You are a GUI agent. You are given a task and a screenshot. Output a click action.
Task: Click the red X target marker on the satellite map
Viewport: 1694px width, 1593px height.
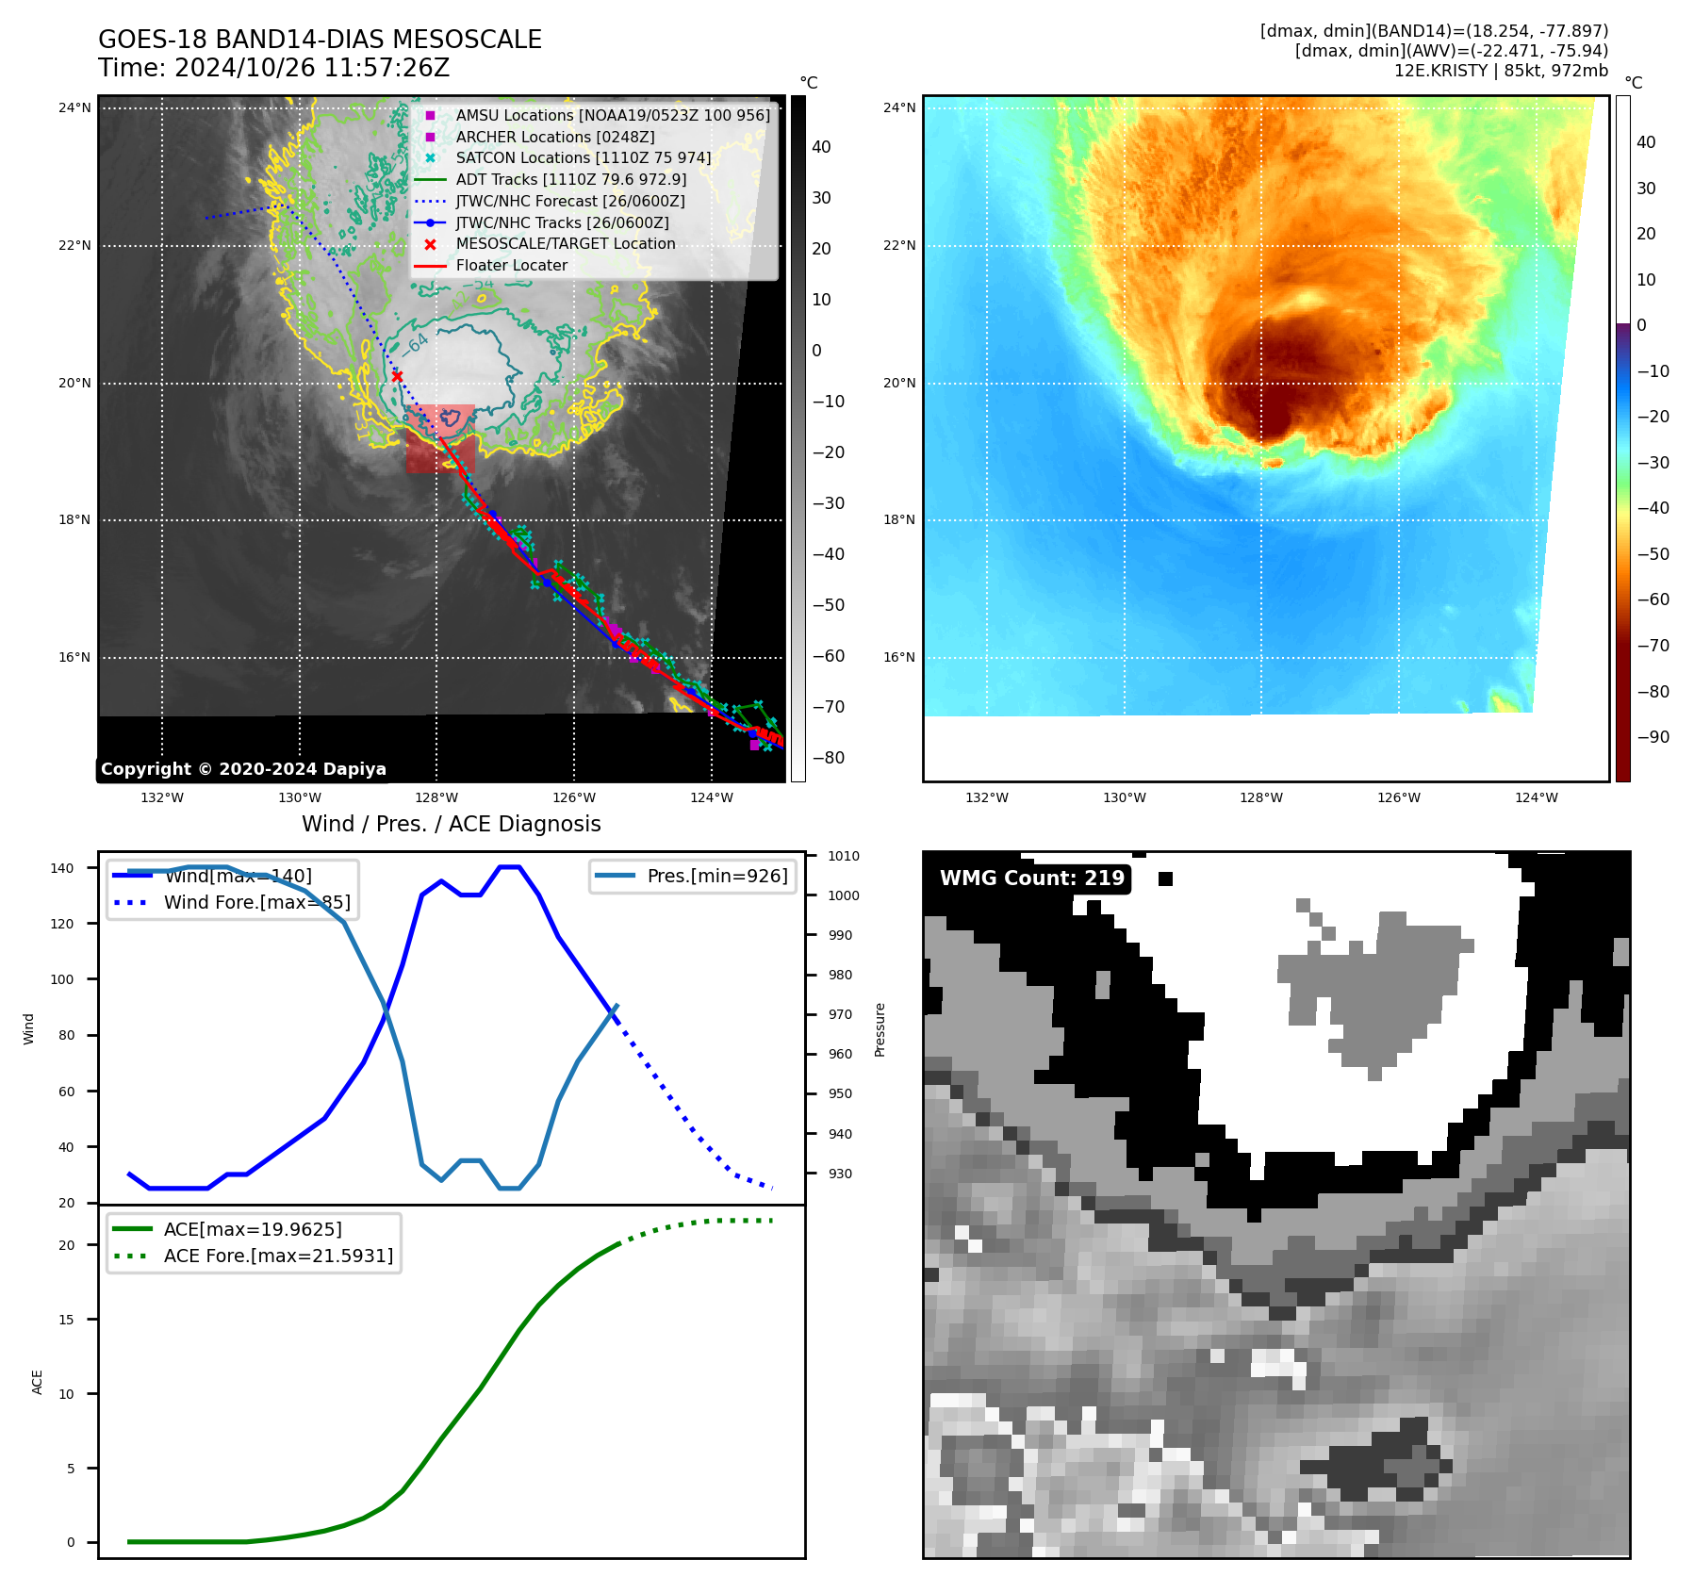pyautogui.click(x=397, y=376)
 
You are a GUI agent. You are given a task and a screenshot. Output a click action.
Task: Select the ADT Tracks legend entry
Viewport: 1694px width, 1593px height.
pyautogui.click(x=570, y=179)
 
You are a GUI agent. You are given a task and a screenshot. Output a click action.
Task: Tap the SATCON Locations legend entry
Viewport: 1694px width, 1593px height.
pyautogui.click(x=583, y=157)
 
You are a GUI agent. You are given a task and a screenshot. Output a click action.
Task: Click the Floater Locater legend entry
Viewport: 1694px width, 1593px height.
pyautogui.click(x=511, y=265)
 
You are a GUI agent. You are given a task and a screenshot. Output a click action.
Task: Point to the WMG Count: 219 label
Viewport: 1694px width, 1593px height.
pyautogui.click(x=1031, y=879)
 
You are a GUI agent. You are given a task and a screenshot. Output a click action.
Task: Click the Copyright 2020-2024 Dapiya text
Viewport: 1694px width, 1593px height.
pyautogui.click(x=243, y=769)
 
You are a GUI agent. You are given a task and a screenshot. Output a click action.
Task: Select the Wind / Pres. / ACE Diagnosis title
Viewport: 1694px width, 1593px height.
pyautogui.click(x=451, y=824)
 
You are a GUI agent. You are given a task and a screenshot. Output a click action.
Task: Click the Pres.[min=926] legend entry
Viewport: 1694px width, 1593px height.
pyautogui.click(x=716, y=876)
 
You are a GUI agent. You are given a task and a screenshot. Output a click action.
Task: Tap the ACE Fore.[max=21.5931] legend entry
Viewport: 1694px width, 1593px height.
pyautogui.click(x=277, y=1256)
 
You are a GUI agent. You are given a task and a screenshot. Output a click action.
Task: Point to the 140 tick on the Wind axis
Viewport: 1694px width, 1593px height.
pyautogui.click(x=62, y=868)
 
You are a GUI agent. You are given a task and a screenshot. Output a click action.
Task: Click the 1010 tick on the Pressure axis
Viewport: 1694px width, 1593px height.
pyautogui.click(x=844, y=856)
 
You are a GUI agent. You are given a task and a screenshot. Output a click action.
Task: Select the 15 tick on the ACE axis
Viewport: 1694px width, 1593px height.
pyautogui.click(x=66, y=1320)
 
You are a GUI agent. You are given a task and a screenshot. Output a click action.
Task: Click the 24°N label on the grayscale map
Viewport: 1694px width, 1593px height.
pyautogui.click(x=74, y=107)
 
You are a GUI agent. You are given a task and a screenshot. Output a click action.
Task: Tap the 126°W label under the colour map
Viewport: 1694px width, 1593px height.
pyautogui.click(x=1398, y=797)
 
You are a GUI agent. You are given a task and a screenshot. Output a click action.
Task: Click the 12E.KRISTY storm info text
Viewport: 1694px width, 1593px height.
pyautogui.click(x=1501, y=71)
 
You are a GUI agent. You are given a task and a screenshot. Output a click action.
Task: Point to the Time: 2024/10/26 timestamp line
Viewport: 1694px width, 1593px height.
pyautogui.click(x=273, y=68)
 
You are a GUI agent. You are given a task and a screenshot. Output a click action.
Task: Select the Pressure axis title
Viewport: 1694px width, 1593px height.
pyautogui.click(x=880, y=1029)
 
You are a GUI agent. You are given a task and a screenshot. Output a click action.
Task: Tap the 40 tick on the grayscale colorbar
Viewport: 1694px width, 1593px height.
pyautogui.click(x=821, y=147)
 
